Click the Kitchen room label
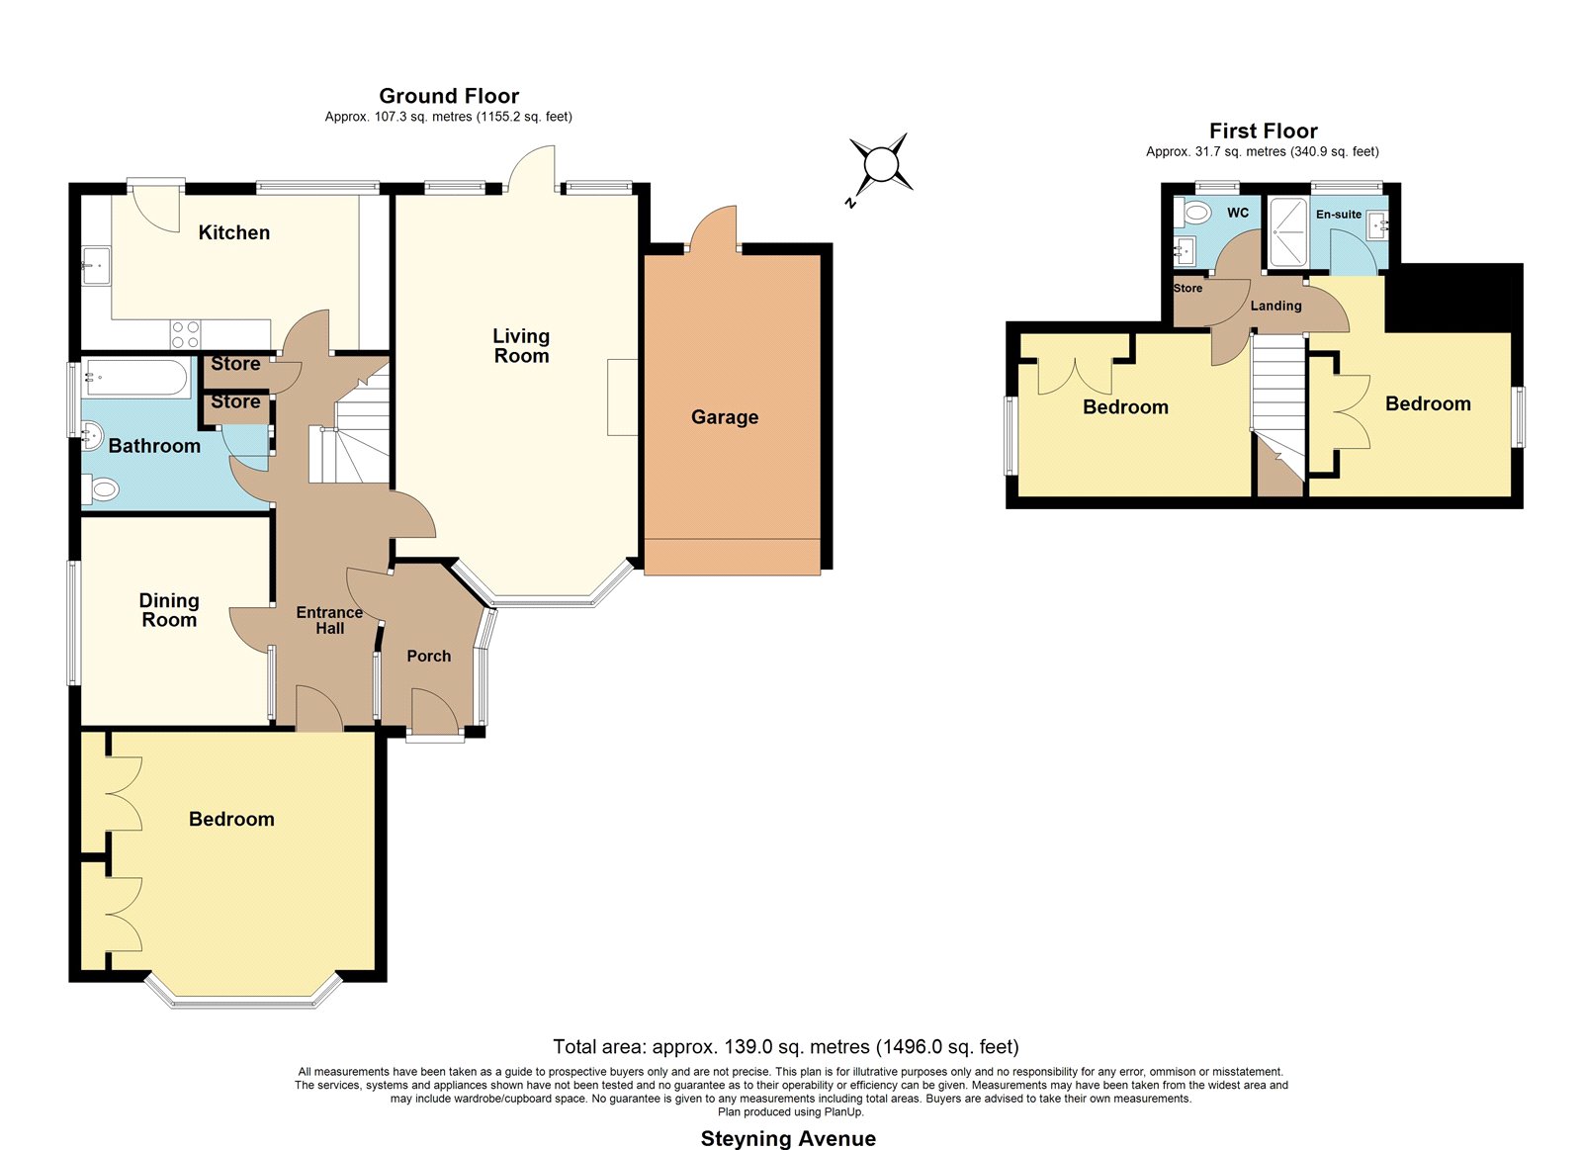coord(233,232)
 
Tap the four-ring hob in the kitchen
coord(185,335)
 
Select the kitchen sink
coord(96,265)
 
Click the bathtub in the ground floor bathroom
coord(135,379)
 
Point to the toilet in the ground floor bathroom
coord(100,489)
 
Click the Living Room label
coord(521,346)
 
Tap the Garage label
coord(725,416)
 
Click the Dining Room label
coord(169,610)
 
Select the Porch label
coord(429,657)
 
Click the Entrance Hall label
coord(329,620)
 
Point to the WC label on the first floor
coord(1238,213)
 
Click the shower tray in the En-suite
coord(1288,231)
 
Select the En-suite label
coord(1339,214)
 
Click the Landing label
coord(1275,306)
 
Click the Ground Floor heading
coord(449,95)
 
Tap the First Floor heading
coord(1263,131)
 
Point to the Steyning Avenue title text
coord(788,1138)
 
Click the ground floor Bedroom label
coord(231,819)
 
